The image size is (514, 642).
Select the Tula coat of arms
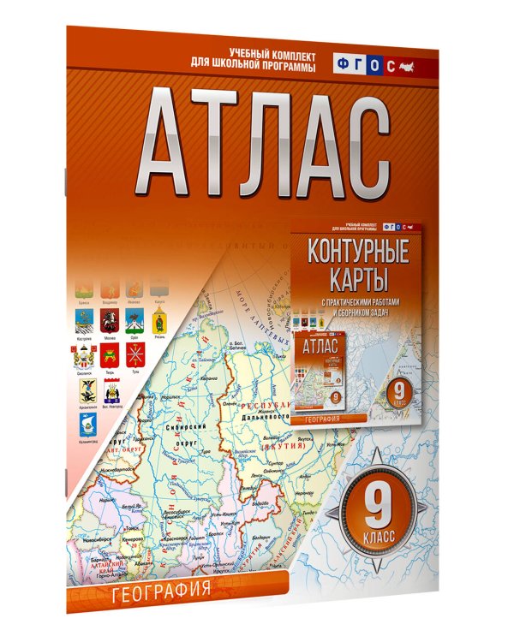point(134,355)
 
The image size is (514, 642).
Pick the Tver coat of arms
point(109,355)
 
